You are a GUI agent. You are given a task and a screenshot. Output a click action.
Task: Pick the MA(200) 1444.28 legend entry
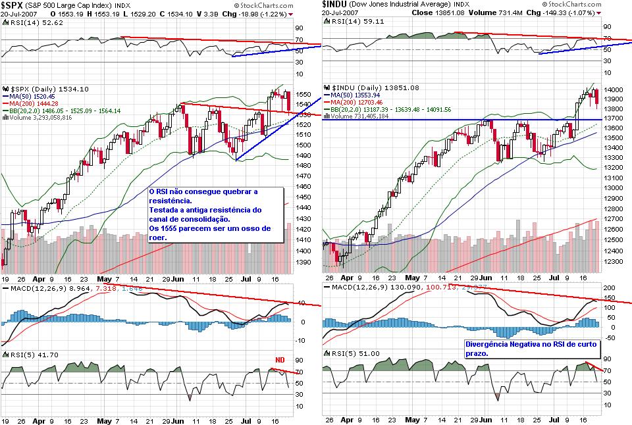(x=34, y=103)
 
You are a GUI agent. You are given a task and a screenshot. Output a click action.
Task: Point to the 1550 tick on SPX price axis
(x=303, y=94)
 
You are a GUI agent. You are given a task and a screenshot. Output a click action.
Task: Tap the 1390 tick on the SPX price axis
(x=303, y=262)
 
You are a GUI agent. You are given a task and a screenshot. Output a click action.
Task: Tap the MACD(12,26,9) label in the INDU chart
(x=356, y=288)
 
